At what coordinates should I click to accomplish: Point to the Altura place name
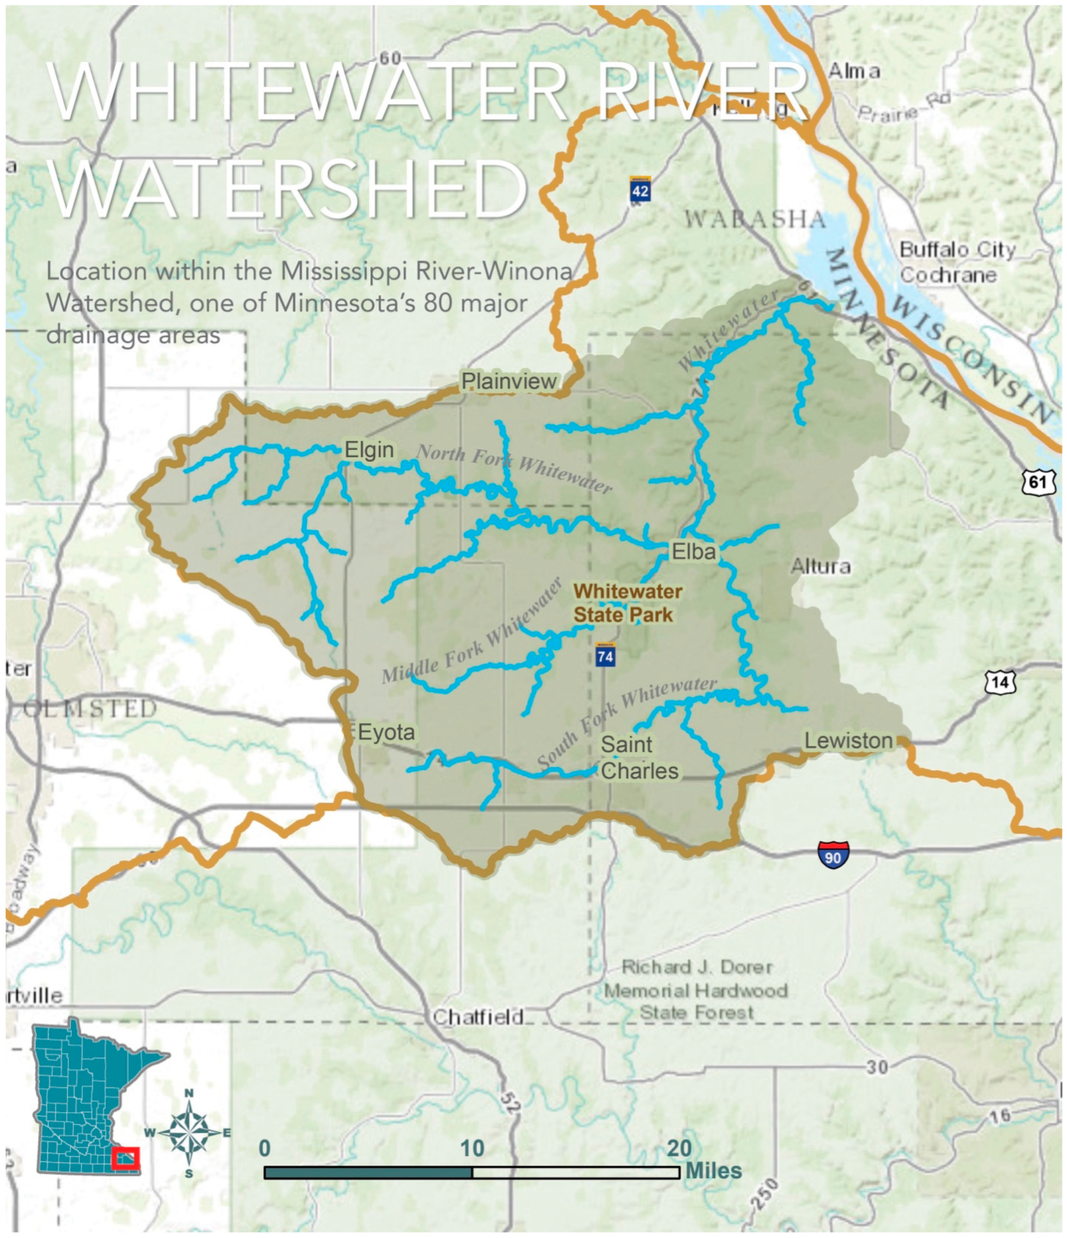point(820,566)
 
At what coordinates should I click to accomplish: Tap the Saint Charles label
point(639,758)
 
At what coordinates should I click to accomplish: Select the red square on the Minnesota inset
point(125,1158)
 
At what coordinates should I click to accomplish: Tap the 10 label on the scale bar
point(472,1148)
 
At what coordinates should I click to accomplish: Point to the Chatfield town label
point(478,1017)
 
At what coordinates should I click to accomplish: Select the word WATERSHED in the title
point(288,188)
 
